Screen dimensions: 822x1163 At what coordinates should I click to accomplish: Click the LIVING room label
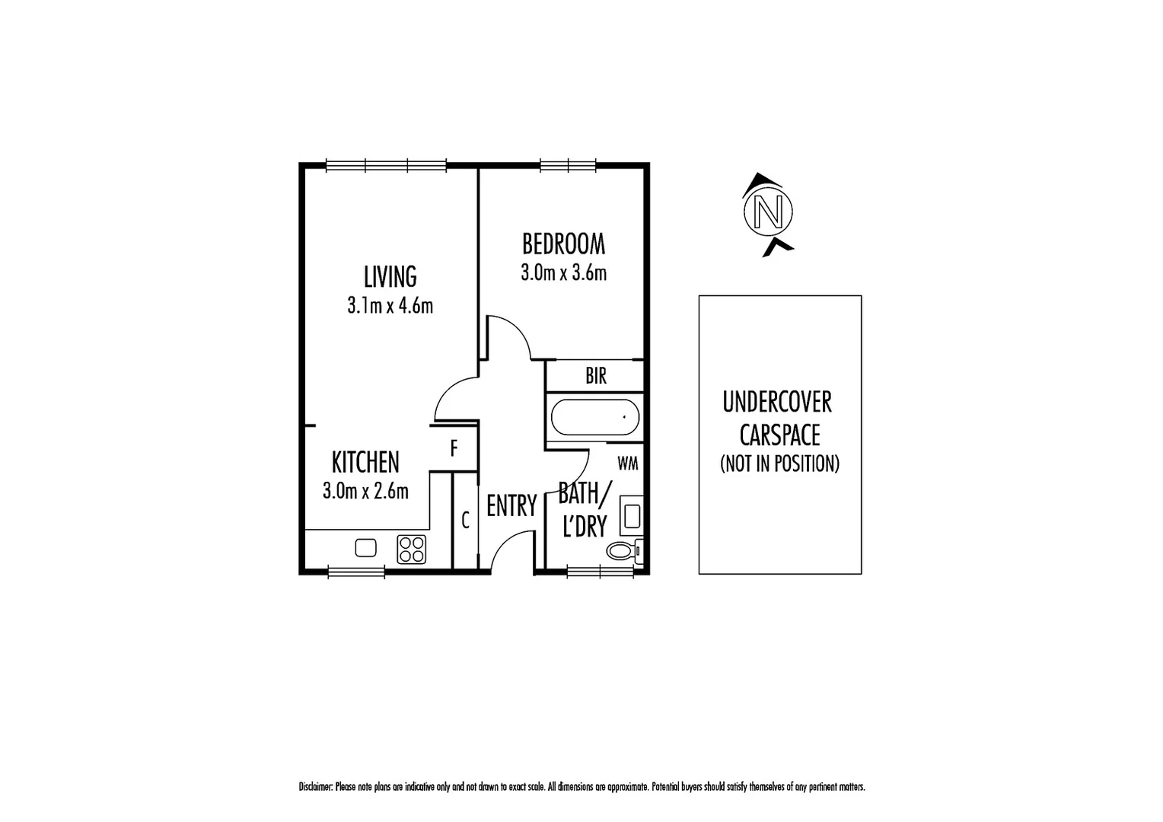point(390,276)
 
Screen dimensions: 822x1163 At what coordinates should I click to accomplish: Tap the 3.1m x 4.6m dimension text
point(390,306)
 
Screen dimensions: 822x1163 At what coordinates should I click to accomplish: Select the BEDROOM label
point(563,244)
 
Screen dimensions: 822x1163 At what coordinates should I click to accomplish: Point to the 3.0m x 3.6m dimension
point(563,272)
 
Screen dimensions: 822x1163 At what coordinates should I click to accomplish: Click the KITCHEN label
point(365,462)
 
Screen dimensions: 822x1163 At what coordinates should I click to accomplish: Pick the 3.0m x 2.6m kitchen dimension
point(365,491)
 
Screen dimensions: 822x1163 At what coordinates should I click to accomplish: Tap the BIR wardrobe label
point(596,375)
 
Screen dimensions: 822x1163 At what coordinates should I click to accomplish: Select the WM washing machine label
point(627,463)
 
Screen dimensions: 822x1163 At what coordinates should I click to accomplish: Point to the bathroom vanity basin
point(631,515)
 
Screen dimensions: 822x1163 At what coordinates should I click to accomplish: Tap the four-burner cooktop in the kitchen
point(412,549)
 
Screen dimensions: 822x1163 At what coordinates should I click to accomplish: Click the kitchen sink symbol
point(366,548)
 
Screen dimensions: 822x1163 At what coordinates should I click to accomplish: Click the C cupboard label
point(465,521)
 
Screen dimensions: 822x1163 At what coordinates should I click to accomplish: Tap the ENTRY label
point(511,505)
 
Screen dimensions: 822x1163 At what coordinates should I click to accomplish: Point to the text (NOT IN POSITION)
point(779,464)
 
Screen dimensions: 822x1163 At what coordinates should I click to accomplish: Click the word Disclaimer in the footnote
point(315,788)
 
